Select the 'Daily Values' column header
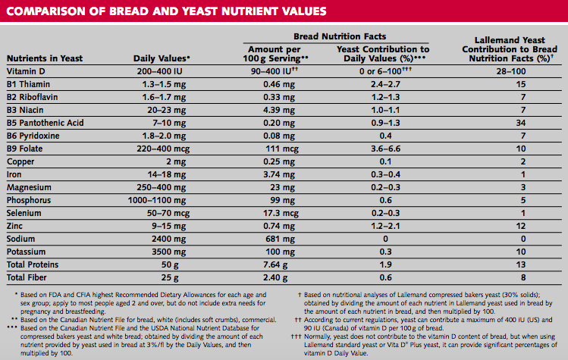pyautogui.click(x=162, y=58)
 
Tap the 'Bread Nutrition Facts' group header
pyautogui.click(x=340, y=36)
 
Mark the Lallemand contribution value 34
pyautogui.click(x=499, y=122)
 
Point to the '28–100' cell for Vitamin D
pyautogui.click(x=499, y=70)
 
